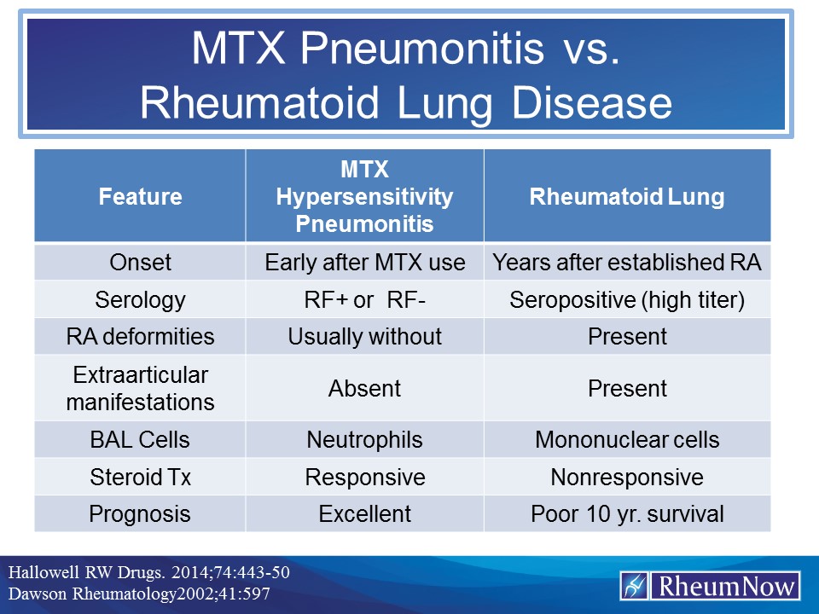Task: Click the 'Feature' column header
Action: click(140, 197)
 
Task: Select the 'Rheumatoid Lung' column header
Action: click(627, 197)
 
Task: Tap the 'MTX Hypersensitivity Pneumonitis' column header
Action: click(364, 197)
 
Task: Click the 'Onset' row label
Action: click(140, 263)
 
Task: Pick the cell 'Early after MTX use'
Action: click(364, 263)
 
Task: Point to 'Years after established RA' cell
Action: click(627, 263)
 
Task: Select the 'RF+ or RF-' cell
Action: click(364, 299)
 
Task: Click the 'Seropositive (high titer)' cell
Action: click(627, 299)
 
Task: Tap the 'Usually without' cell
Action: click(364, 336)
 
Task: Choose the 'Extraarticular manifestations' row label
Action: click(140, 388)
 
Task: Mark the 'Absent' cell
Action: click(364, 388)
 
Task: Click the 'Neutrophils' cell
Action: click(364, 440)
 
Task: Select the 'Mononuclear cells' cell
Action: click(627, 440)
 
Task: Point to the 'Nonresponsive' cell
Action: click(627, 477)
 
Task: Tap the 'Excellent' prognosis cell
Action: click(364, 514)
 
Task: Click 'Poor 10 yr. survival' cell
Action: click(627, 514)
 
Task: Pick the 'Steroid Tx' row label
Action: click(140, 477)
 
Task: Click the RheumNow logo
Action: click(710, 586)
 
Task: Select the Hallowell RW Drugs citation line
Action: click(149, 572)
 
